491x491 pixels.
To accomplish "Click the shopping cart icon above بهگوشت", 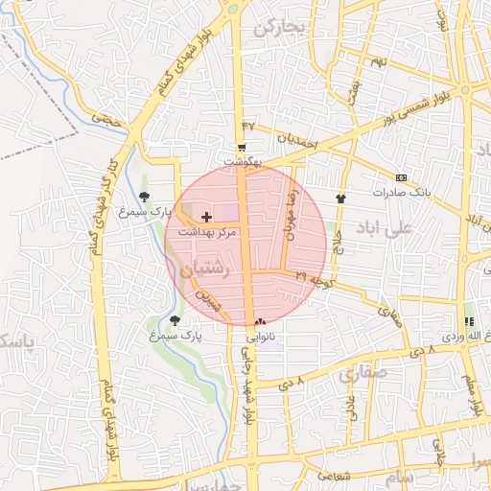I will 242,148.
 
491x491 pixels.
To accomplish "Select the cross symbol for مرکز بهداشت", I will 206,219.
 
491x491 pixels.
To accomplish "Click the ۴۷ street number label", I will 250,126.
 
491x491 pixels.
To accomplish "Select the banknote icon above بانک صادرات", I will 401,177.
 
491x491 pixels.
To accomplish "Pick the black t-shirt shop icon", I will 339,199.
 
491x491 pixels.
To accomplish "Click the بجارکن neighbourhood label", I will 279,27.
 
